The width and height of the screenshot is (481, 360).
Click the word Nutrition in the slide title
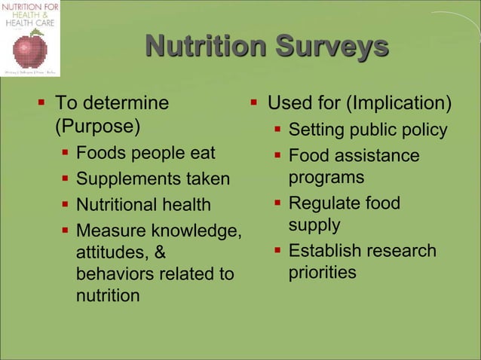coord(205,47)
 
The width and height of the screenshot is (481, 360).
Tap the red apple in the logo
coord(30,50)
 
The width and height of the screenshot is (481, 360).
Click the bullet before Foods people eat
coord(66,154)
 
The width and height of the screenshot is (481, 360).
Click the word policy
coord(424,130)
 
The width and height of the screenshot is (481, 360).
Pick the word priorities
coord(322,273)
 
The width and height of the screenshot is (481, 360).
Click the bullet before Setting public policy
coord(278,130)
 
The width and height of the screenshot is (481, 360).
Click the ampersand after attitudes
coord(161,252)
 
